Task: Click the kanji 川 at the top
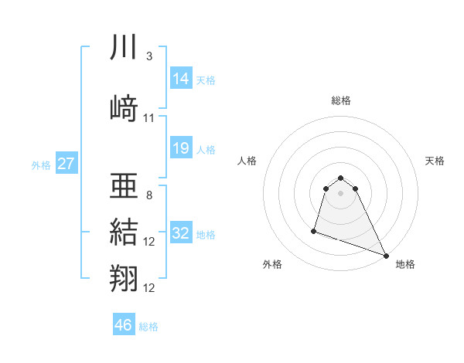pyautogui.click(x=124, y=48)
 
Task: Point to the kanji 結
pyautogui.click(x=124, y=232)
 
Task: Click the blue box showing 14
pyautogui.click(x=180, y=79)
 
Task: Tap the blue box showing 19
pyautogui.click(x=180, y=148)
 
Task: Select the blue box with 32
pyautogui.click(x=180, y=233)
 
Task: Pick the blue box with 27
pyautogui.click(x=66, y=164)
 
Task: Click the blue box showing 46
pyautogui.click(x=123, y=325)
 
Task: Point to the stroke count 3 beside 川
pyautogui.click(x=148, y=56)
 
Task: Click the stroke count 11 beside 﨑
pyautogui.click(x=149, y=118)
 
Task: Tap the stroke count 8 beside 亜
pyautogui.click(x=148, y=195)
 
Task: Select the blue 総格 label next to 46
pyautogui.click(x=148, y=327)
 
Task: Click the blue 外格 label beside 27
pyautogui.click(x=41, y=165)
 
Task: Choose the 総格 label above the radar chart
pyautogui.click(x=341, y=100)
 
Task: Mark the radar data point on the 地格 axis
pyautogui.click(x=386, y=255)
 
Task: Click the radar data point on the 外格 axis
pyautogui.click(x=314, y=230)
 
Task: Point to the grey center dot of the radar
pyautogui.click(x=341, y=192)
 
